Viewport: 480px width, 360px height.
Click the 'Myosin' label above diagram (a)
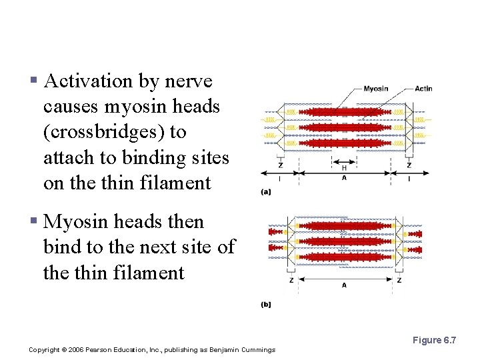376,89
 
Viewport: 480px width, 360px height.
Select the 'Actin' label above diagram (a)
423,89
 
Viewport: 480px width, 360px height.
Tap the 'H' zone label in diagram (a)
344,169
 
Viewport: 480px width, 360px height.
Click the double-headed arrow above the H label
344,161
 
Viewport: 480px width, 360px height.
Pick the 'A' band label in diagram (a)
344,178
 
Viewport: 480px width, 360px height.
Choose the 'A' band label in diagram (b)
344,285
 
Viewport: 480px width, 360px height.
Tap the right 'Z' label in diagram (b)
399,281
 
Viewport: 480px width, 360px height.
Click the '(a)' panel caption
265,192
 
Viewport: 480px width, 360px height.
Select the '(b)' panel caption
265,305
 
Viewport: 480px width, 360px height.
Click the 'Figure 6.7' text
434,341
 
